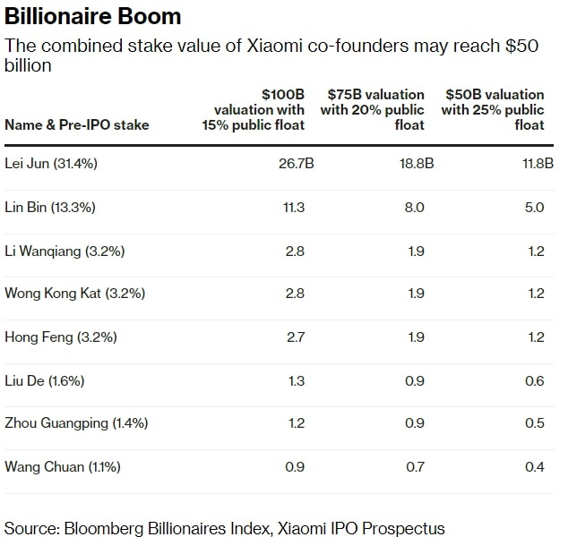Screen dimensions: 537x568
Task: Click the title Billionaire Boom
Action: (x=93, y=16)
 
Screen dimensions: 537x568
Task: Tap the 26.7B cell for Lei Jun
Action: (x=296, y=165)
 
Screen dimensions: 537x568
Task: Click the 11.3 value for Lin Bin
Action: (x=295, y=208)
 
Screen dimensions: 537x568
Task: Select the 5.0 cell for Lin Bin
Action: (x=534, y=208)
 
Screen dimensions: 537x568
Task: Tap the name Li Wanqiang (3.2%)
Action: (x=65, y=251)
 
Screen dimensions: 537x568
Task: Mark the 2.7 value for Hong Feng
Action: (x=295, y=337)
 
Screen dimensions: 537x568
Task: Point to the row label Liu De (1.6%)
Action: (x=45, y=380)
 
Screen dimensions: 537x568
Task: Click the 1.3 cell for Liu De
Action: (x=295, y=380)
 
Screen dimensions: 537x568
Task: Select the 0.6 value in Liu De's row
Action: (x=535, y=380)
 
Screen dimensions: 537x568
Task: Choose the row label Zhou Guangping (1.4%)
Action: (x=76, y=423)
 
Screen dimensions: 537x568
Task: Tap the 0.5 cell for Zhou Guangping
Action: (x=535, y=423)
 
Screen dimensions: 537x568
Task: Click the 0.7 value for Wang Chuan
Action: (x=415, y=466)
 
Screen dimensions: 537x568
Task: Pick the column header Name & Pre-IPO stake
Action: (x=77, y=124)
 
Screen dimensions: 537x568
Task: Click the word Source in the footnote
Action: (x=30, y=527)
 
